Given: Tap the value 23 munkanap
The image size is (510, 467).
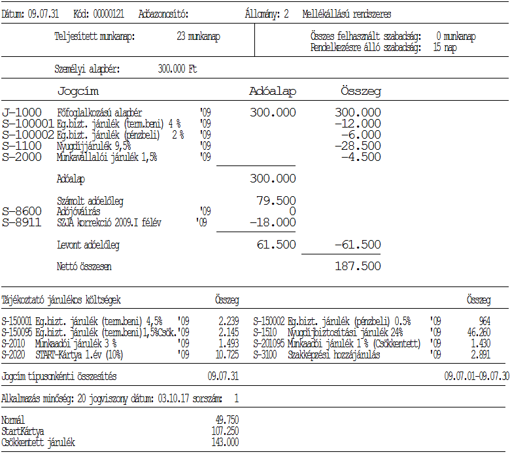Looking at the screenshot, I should pos(198,37).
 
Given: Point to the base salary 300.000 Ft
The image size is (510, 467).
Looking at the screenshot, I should pos(177,69).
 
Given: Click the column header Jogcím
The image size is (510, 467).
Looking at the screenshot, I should pos(78,92).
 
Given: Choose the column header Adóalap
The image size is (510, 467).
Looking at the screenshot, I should pos(273,92).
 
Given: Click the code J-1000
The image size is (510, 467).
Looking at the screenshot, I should pos(22,113).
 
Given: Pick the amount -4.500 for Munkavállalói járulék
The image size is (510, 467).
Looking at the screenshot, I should pos(360,157).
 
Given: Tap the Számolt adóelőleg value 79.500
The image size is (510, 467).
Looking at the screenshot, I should pos(277,201).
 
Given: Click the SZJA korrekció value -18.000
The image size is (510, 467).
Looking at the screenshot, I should pos(273,223).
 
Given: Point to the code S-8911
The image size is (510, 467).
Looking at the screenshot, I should pos(22,223).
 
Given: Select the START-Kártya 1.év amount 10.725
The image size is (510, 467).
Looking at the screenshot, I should pos(227,355).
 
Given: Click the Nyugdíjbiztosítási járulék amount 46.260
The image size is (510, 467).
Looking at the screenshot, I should pos(478,332).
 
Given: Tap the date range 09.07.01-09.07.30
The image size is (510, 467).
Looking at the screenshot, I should pos(476,377).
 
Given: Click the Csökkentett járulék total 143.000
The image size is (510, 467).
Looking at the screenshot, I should pos(225,443).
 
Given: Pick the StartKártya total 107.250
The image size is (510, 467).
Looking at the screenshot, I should pos(225,432).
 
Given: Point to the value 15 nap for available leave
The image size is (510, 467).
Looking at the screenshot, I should pos(445,48).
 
